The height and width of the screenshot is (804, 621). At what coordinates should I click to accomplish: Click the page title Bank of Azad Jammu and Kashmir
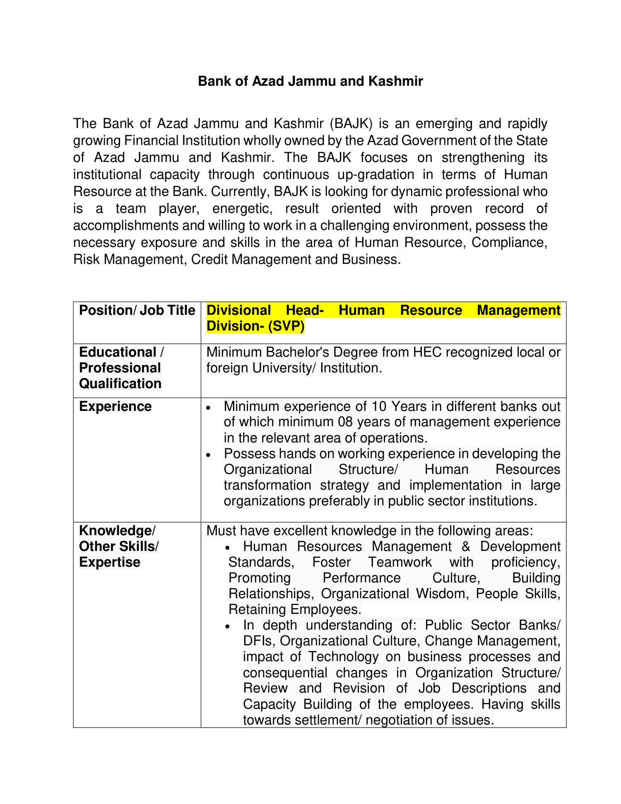(310, 81)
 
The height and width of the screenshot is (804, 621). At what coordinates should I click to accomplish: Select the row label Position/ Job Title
(137, 310)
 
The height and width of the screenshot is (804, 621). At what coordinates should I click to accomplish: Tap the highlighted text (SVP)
(286, 326)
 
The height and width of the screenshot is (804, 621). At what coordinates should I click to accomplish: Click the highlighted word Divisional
(238, 310)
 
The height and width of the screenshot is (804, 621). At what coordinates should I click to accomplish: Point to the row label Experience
(115, 406)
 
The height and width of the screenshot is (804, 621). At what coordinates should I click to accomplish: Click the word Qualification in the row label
(120, 384)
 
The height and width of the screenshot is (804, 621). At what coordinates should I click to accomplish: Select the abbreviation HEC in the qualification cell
(427, 352)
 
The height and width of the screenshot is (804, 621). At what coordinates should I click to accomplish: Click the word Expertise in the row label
(110, 562)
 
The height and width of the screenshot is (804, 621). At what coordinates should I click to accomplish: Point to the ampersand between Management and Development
(466, 546)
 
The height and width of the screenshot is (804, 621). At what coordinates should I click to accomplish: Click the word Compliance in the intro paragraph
(509, 242)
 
